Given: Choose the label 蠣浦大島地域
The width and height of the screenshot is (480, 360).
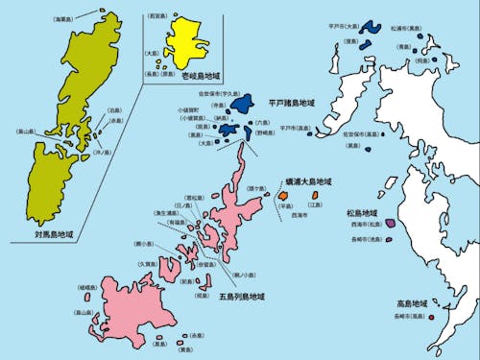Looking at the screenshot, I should pyautogui.click(x=308, y=180).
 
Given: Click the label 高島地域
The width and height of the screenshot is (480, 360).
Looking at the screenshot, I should pyautogui.click(x=412, y=302).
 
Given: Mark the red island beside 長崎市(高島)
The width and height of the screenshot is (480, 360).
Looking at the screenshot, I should pyautogui.click(x=432, y=316).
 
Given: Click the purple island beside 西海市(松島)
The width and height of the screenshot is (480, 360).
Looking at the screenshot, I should pyautogui.click(x=390, y=224).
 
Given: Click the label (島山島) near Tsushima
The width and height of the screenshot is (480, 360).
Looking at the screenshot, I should pyautogui.click(x=26, y=131).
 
